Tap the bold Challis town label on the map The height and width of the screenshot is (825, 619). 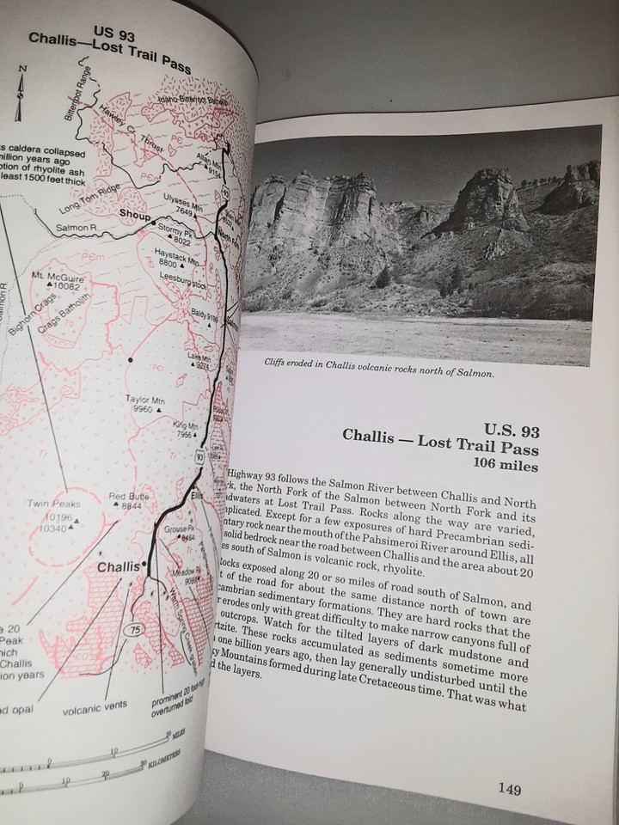point(117,567)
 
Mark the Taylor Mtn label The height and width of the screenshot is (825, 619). point(145,400)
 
